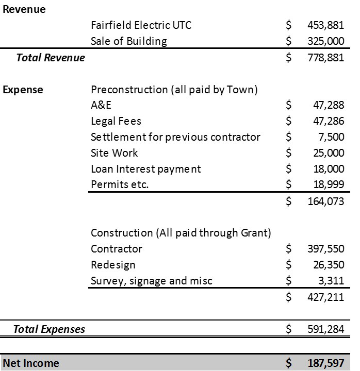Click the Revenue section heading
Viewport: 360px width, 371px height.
[24, 10]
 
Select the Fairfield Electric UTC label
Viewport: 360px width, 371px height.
[141, 25]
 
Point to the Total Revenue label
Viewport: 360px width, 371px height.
[51, 58]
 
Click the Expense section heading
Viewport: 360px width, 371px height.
[23, 90]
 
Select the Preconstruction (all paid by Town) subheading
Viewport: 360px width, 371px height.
[174, 90]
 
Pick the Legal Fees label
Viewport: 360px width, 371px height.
[116, 122]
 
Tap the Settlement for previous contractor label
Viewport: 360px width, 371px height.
[175, 137]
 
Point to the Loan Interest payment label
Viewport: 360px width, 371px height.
[146, 169]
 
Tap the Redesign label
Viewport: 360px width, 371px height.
[113, 265]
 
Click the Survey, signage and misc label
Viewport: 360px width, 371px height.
[152, 281]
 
